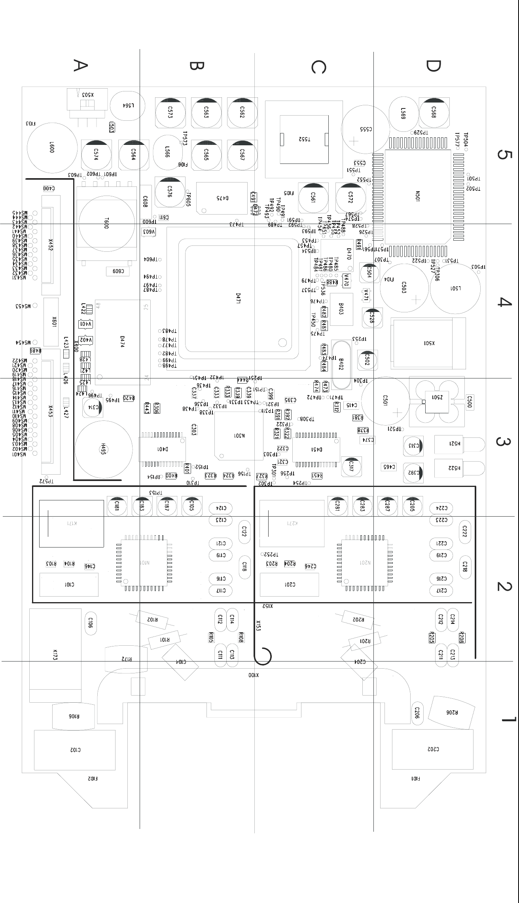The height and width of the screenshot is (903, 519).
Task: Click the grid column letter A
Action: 80,65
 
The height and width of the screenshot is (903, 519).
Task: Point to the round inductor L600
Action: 52,148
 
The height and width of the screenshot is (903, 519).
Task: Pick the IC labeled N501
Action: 417,197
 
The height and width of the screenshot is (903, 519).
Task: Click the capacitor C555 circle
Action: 366,129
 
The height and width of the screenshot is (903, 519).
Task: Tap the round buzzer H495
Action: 103,449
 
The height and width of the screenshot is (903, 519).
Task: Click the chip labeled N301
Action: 239,436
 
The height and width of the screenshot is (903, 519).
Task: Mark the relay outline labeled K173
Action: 55,655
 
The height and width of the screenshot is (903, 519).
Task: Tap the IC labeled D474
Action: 123,342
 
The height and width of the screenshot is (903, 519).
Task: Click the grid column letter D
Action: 433,66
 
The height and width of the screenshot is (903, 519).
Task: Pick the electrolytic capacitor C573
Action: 170,112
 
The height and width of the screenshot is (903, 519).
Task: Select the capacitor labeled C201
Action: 290,585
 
